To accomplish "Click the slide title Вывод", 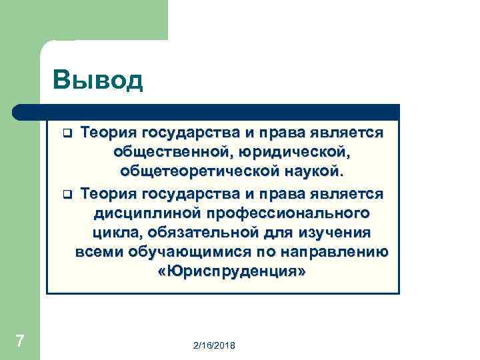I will coord(99,80).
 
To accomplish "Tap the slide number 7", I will coord(20,341).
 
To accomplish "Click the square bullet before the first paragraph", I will coord(67,133).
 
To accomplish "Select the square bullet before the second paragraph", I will coord(67,194).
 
